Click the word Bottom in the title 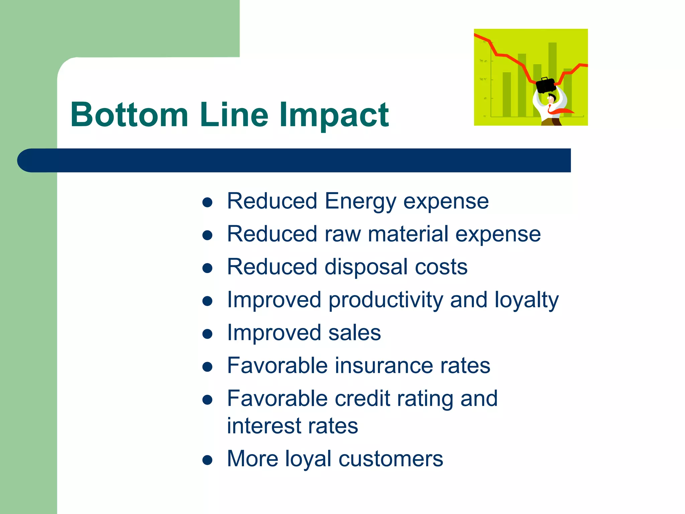pos(129,115)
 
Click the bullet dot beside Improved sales pos(207,334)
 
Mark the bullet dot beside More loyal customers pos(207,460)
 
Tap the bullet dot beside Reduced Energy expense pos(207,202)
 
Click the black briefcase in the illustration pos(546,85)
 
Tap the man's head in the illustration pos(551,98)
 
